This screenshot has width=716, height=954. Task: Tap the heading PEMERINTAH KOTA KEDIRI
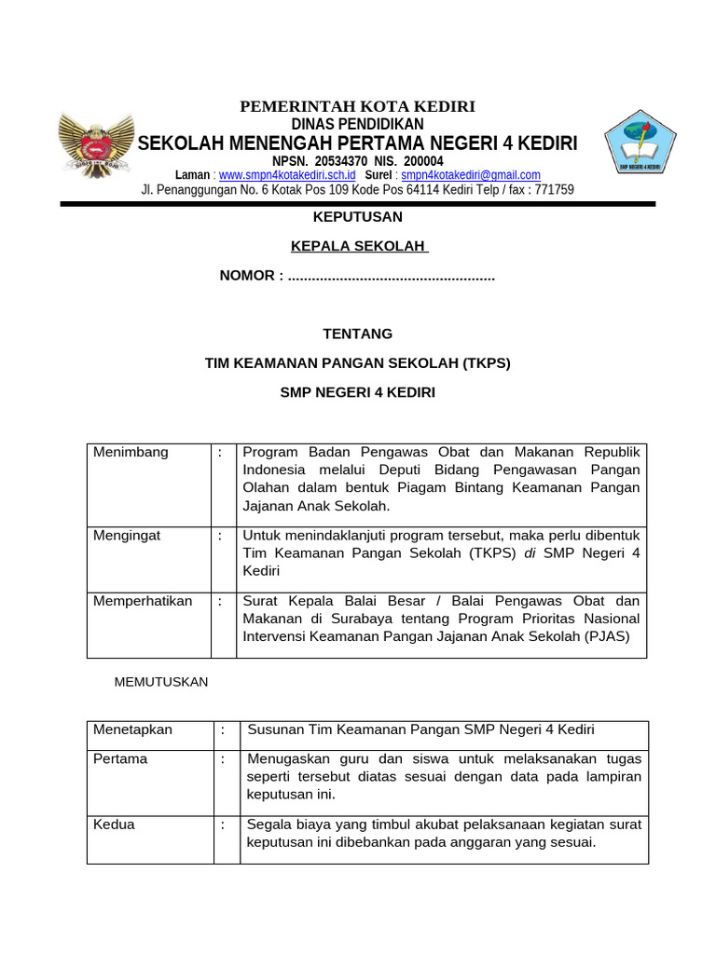tap(358, 107)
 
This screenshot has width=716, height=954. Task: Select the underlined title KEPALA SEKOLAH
tap(358, 246)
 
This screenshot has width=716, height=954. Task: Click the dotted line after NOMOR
tap(392, 276)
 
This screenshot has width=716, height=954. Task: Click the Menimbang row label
tap(131, 453)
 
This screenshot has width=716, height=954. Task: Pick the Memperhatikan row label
tap(143, 601)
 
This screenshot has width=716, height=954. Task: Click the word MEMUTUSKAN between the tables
tap(161, 682)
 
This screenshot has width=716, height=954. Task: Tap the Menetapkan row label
tap(133, 729)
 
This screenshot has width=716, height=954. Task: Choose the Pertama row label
tap(120, 759)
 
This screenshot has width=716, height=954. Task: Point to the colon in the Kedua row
tap(224, 825)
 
